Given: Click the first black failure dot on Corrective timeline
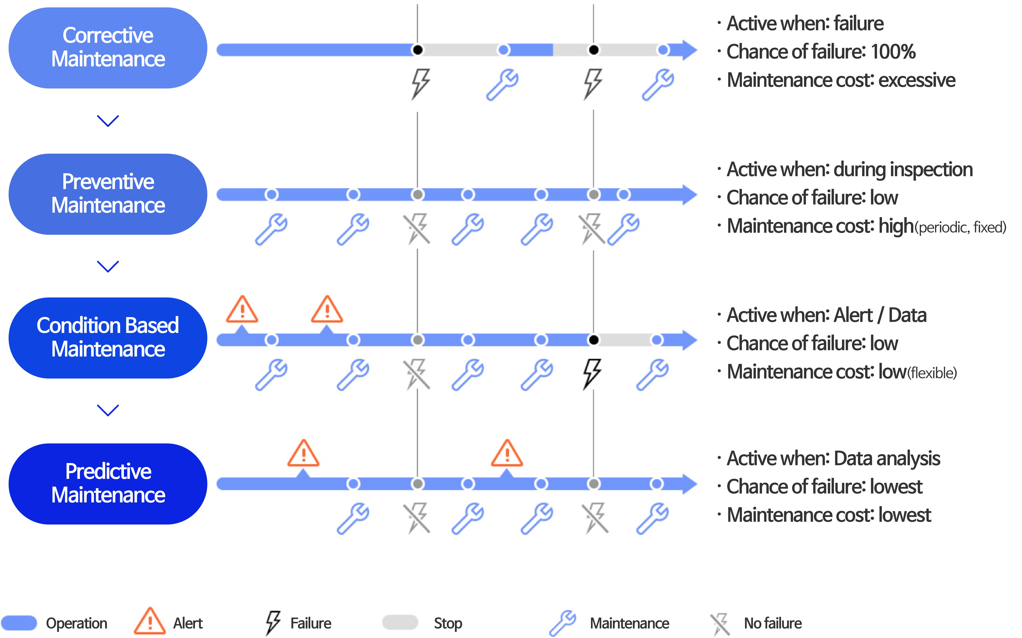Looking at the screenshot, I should point(417,50).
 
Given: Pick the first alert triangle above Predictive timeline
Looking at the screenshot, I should point(303,454).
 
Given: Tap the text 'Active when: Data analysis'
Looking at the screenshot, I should point(833,459).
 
